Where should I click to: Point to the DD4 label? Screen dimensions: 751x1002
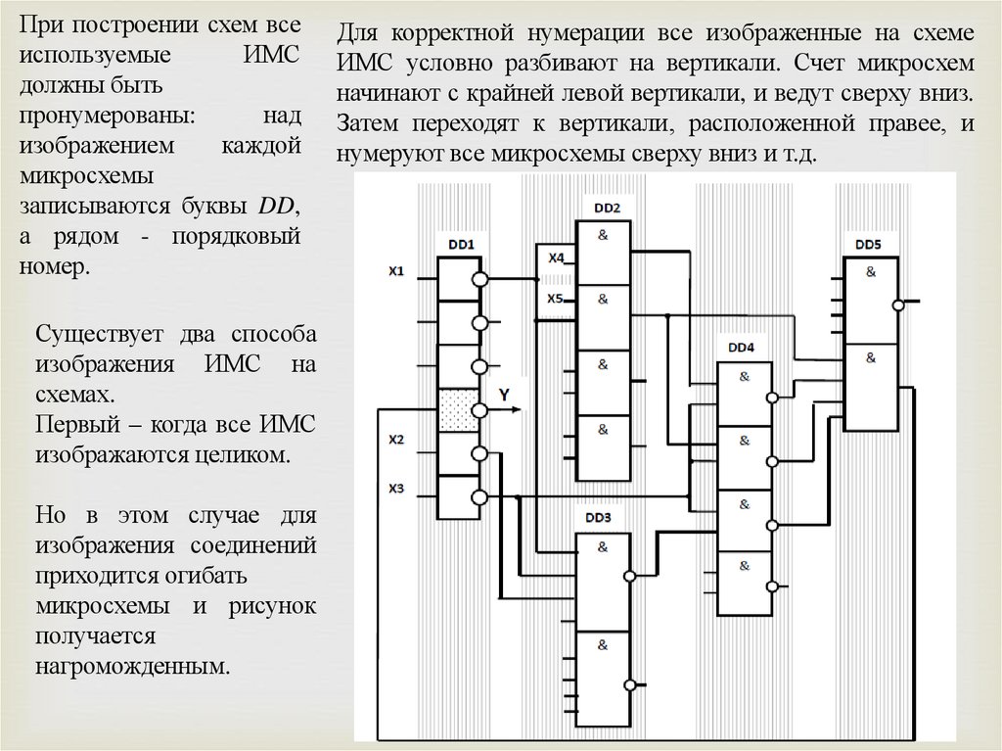coord(742,348)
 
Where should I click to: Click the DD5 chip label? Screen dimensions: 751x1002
coord(868,244)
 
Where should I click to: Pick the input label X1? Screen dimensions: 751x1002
coord(396,271)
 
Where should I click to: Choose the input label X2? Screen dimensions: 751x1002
coord(396,440)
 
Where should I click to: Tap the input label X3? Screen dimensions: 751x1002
coord(396,487)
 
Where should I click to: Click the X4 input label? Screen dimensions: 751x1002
coord(556,258)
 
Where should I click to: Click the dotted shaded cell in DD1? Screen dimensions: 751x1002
coord(457,410)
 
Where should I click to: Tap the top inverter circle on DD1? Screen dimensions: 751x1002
coord(479,280)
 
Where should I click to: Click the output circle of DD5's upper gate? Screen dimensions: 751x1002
coord(897,305)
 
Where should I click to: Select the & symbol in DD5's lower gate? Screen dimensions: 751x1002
coord(869,359)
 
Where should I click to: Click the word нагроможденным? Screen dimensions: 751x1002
coord(134,668)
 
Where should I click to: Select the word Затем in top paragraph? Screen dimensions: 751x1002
coord(366,125)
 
